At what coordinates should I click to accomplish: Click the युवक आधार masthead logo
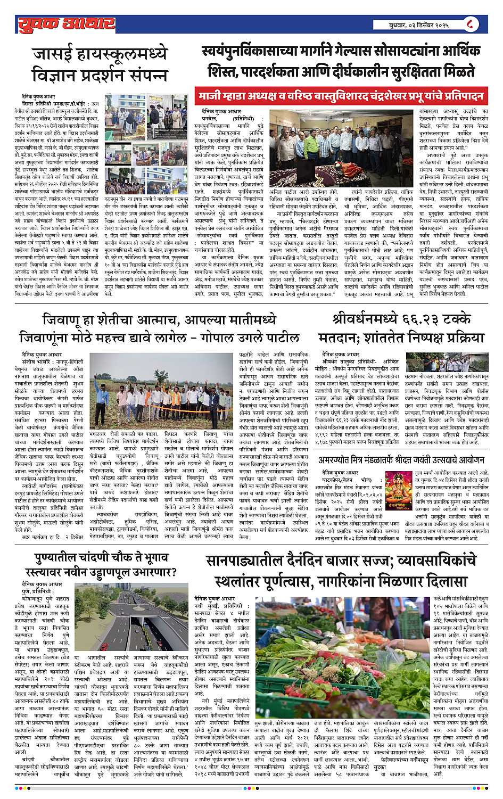[66, 23]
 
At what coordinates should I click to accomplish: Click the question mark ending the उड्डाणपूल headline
[174, 573]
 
